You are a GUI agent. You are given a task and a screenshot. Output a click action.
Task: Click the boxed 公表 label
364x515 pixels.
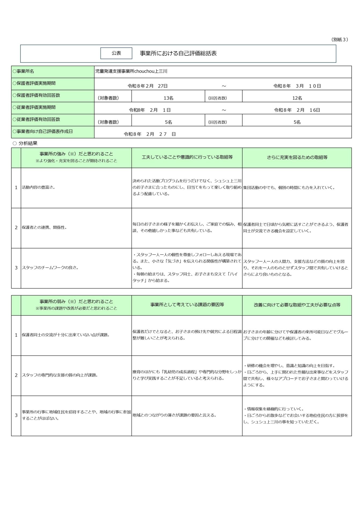[116, 53]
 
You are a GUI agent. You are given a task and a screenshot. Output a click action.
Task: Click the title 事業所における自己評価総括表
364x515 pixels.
[178, 53]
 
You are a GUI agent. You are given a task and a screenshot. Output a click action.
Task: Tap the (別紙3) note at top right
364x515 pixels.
[340, 39]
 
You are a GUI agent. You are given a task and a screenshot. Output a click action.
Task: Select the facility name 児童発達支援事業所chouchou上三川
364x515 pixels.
[131, 71]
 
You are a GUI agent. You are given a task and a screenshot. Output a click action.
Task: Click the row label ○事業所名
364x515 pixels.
[23, 71]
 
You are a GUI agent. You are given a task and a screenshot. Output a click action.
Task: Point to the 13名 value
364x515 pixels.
[168, 98]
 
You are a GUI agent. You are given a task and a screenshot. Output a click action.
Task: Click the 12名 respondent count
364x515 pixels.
[297, 98]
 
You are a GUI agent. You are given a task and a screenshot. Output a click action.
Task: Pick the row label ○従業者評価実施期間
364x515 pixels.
[34, 107]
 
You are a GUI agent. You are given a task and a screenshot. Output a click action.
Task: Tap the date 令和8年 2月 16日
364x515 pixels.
[297, 110]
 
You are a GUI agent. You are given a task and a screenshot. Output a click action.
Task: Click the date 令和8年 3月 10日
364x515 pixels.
[297, 86]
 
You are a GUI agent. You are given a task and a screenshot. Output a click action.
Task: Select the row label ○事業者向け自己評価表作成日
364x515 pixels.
[43, 131]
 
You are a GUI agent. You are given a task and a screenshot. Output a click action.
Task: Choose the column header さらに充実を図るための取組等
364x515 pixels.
[297, 157]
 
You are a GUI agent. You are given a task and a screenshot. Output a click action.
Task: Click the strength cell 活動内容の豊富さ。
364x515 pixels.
[39, 187]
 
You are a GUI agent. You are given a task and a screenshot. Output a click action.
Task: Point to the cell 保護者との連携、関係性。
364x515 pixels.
[45, 227]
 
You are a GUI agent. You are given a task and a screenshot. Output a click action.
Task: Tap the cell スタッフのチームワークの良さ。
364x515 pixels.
[50, 267]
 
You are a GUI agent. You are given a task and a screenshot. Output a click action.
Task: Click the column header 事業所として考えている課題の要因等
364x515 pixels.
[187, 305]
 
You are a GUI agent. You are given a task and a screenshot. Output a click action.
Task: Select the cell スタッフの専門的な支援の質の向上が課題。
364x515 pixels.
[60, 375]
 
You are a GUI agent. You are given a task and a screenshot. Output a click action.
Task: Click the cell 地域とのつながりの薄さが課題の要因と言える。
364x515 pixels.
[174, 415]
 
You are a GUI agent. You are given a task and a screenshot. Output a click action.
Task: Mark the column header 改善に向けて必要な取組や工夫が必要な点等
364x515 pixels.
[297, 305]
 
